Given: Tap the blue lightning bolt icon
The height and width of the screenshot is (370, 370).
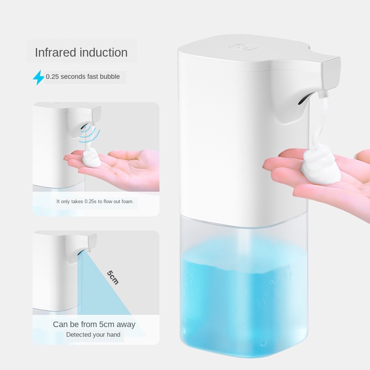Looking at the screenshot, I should pos(38,77).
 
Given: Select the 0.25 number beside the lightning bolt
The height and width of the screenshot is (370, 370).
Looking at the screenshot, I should pos(52,77).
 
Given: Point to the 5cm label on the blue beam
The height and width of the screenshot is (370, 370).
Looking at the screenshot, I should pos(113,277).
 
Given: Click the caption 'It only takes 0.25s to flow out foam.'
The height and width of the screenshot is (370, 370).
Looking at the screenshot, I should pos(95,202).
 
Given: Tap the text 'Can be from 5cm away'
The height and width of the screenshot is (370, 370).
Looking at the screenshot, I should pos(94,324).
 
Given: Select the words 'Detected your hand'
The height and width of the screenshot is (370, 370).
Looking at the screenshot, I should pos(93,335).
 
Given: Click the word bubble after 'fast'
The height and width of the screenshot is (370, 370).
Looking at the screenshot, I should pos(110,77).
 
